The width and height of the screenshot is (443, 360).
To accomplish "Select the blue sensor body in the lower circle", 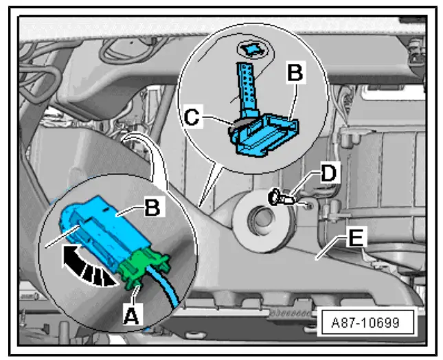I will [110, 230].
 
